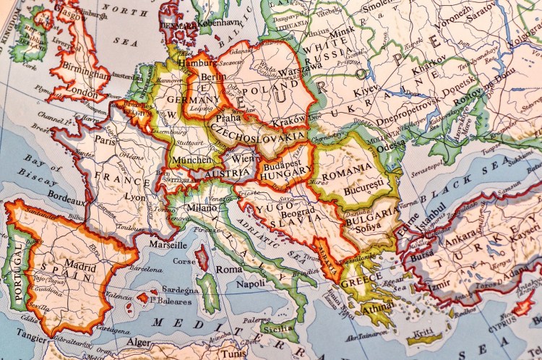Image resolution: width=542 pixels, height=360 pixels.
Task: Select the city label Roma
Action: pyautogui.click(x=228, y=269)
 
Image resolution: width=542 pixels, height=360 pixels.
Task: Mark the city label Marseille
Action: pyautogui.click(x=170, y=244)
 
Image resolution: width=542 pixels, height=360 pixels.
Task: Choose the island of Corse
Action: pyautogui.click(x=204, y=259)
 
